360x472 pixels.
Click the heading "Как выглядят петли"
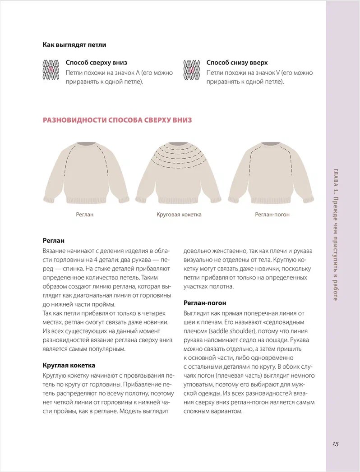pos(74,45)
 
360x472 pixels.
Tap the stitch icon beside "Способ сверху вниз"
pos(51,70)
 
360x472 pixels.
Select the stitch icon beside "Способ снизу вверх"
pos(191,70)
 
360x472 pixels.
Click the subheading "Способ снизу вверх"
pos(237,63)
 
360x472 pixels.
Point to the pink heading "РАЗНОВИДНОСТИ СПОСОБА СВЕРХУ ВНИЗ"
pos(117,120)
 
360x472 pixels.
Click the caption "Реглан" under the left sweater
pos(84,215)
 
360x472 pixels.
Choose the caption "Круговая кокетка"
pos(179,215)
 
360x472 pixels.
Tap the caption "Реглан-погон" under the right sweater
pos(272,215)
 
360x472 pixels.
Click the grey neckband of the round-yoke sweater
pos(179,144)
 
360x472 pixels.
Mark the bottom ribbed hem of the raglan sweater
pos(86,199)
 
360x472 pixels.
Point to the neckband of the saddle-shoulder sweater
pos(270,144)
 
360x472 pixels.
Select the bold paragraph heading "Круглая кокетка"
pos(69,365)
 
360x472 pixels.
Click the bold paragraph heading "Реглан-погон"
pos(205,303)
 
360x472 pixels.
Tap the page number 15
pos(336,444)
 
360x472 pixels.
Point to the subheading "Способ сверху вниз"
pos(97,63)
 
